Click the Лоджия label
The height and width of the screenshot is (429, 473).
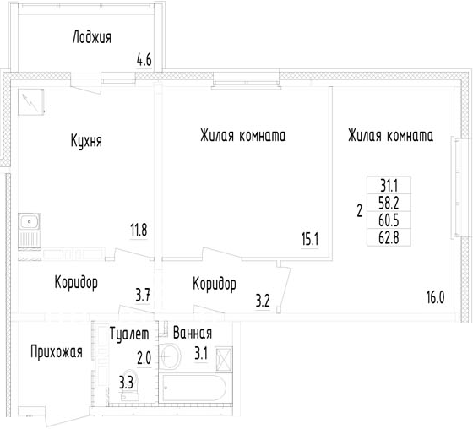point(92,37)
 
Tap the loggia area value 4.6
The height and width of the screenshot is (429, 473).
point(144,60)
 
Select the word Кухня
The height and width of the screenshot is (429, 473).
point(86,140)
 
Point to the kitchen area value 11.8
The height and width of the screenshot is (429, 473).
point(139,231)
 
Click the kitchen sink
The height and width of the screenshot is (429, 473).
point(29,222)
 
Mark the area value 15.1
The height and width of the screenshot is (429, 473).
point(310,240)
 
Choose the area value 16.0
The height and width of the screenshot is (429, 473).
point(435,298)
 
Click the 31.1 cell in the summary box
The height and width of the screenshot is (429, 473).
point(389,186)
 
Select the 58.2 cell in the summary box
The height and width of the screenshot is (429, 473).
point(389,203)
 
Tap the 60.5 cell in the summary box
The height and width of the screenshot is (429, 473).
point(389,220)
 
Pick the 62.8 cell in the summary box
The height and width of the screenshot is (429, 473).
point(389,237)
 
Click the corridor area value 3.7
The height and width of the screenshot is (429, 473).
point(143,295)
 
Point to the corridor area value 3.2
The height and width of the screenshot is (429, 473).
point(263,301)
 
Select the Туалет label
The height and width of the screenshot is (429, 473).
point(129,334)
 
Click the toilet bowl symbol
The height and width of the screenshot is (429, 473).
point(131,384)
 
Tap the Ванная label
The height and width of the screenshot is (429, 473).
point(193,333)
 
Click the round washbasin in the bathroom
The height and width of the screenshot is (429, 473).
point(170,356)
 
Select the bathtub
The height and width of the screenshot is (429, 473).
point(193,388)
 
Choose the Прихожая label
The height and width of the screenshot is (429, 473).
point(57,352)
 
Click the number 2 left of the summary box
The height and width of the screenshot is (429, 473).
point(359,211)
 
